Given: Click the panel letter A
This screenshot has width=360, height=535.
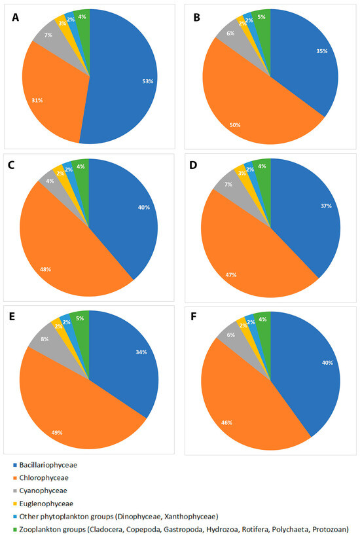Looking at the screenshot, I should [x=16, y=18].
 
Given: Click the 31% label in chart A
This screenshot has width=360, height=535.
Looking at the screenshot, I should [x=39, y=100].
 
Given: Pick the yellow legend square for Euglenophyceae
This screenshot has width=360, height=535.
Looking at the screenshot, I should [x=14, y=503].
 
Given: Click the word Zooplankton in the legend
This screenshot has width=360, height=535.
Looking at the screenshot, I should [x=45, y=528].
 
